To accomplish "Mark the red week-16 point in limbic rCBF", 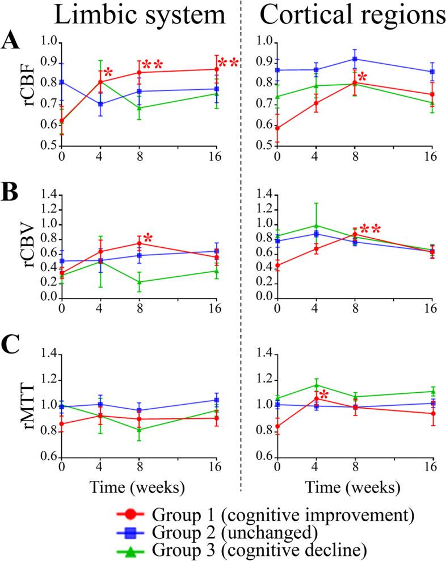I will click(x=216, y=69).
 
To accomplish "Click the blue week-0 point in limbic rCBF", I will click(x=61, y=82).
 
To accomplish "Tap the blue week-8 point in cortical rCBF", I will click(x=355, y=59).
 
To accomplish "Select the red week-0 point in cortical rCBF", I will click(x=277, y=128).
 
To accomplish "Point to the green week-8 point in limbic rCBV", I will click(x=138, y=282).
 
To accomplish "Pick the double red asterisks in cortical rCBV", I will click(x=368, y=229).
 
